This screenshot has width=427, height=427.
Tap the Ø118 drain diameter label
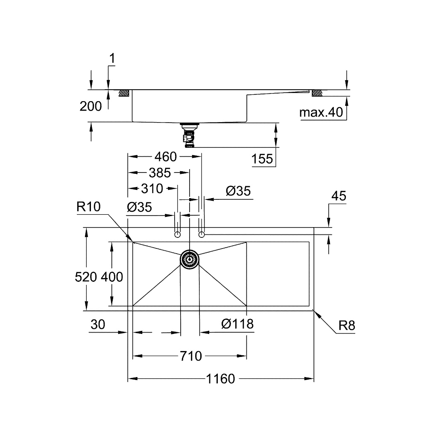tap(237, 324)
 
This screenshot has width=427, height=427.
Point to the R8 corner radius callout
tap(347, 326)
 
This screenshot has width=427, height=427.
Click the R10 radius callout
tap(88, 207)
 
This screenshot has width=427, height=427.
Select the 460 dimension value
tap(165, 157)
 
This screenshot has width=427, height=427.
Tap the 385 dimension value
tap(159, 173)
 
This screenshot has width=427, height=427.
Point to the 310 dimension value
tap(152, 188)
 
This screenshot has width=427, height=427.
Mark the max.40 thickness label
tap(321, 113)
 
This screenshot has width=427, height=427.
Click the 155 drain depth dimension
tap(262, 159)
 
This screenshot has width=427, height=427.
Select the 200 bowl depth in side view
tap(91, 106)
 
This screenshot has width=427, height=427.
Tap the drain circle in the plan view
tap(189, 259)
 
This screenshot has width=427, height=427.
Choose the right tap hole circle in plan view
tap(202, 234)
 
